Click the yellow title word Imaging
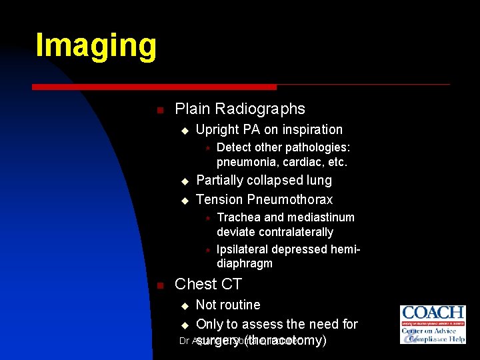click(96, 45)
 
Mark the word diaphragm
click(245, 263)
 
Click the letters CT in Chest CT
click(231, 285)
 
